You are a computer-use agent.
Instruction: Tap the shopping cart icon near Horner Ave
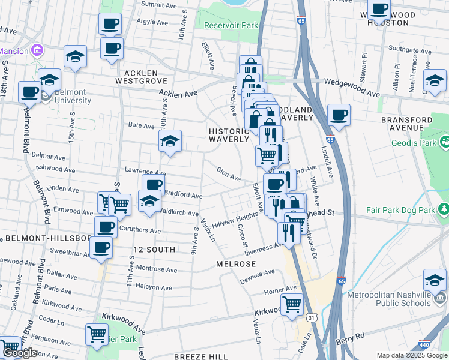click(x=292, y=304)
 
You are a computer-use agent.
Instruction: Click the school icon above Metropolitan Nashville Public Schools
click(x=435, y=280)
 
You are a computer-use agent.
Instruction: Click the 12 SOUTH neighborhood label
click(x=154, y=249)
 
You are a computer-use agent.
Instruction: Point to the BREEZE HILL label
click(x=201, y=356)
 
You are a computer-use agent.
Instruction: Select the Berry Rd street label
click(x=368, y=336)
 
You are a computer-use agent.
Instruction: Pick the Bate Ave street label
click(x=142, y=125)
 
